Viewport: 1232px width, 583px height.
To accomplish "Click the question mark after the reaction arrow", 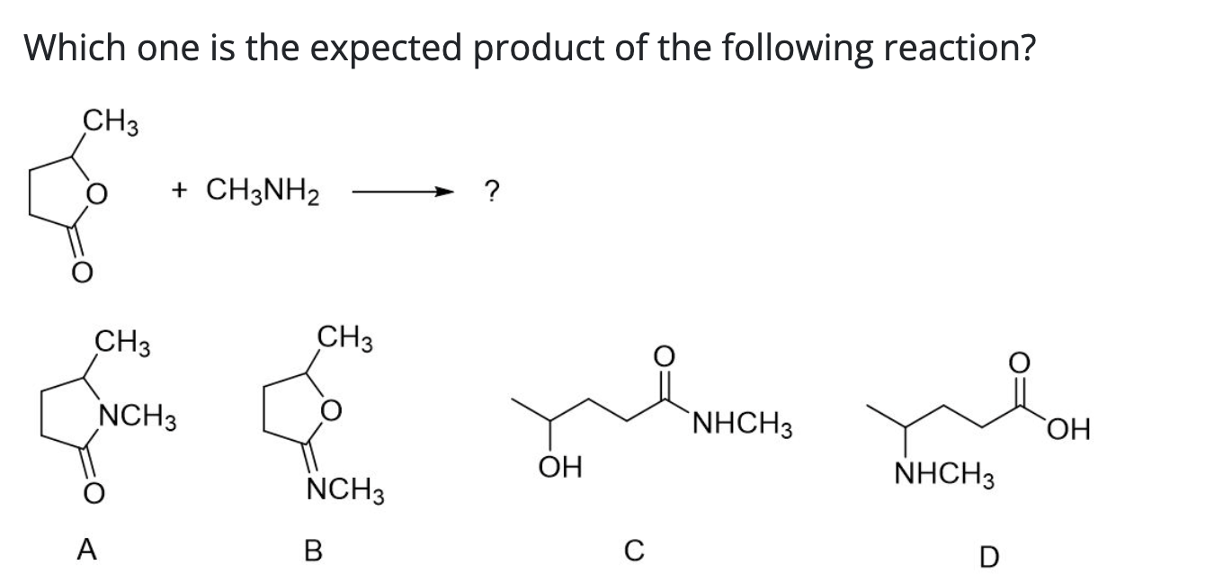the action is [491, 191].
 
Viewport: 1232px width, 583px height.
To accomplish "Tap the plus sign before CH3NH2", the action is [183, 191].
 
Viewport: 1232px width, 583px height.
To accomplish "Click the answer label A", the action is [87, 550].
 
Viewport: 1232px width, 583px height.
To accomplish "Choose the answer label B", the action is [313, 550].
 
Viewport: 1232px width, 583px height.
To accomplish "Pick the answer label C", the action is [634, 552].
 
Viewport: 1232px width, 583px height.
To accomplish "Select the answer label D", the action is [988, 558].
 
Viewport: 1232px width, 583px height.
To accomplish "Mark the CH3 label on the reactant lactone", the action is [111, 119].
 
